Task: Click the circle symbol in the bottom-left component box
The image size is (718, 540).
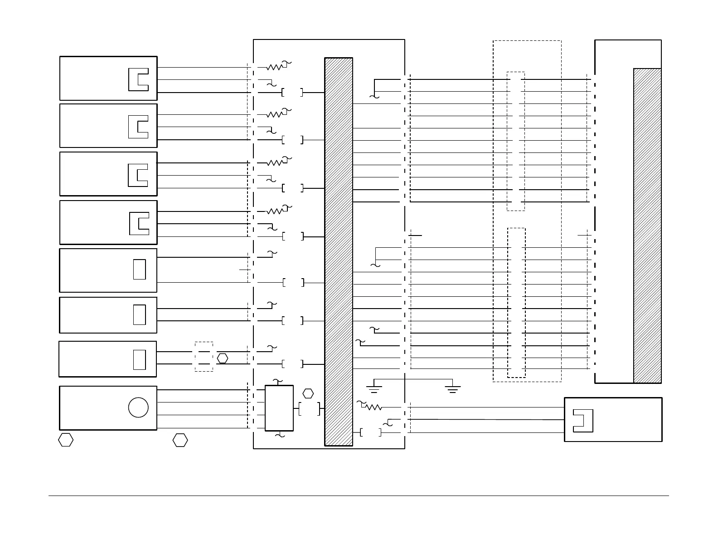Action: coord(138,407)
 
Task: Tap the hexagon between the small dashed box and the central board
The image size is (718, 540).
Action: coord(222,358)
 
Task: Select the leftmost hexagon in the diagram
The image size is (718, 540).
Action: coord(66,440)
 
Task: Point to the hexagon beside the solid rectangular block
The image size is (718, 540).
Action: coord(308,393)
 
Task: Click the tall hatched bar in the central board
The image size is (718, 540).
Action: coord(339,252)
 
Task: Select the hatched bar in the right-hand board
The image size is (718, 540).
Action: coord(647,226)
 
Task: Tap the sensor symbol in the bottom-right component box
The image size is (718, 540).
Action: coord(583,421)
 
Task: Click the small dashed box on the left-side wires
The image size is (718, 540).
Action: coord(204,357)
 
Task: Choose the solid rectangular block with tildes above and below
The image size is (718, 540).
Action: coord(279,408)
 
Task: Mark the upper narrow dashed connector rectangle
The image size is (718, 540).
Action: coord(516,141)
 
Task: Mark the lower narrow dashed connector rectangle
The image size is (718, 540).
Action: coord(516,303)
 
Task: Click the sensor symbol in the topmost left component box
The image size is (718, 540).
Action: coord(138,79)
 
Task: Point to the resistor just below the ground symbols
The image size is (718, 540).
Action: coord(374,407)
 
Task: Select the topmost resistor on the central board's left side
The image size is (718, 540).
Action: coord(275,67)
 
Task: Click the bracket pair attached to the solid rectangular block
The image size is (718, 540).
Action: coord(310,408)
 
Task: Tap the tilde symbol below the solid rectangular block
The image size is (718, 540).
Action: coord(280,435)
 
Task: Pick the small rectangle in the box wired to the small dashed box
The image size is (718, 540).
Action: coord(139,360)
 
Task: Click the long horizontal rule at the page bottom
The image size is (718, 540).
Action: coord(359,496)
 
